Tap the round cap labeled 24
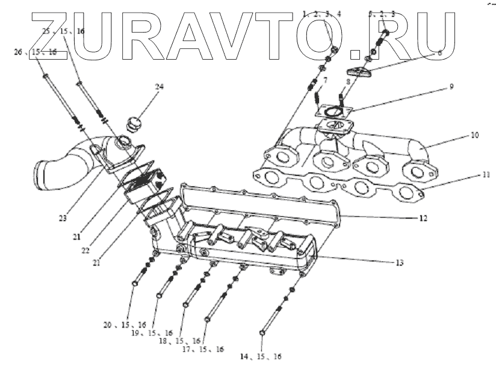(132, 125)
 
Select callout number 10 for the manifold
(474, 136)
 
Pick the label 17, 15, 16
(203, 349)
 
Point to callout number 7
(325, 80)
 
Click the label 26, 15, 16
(35, 52)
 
